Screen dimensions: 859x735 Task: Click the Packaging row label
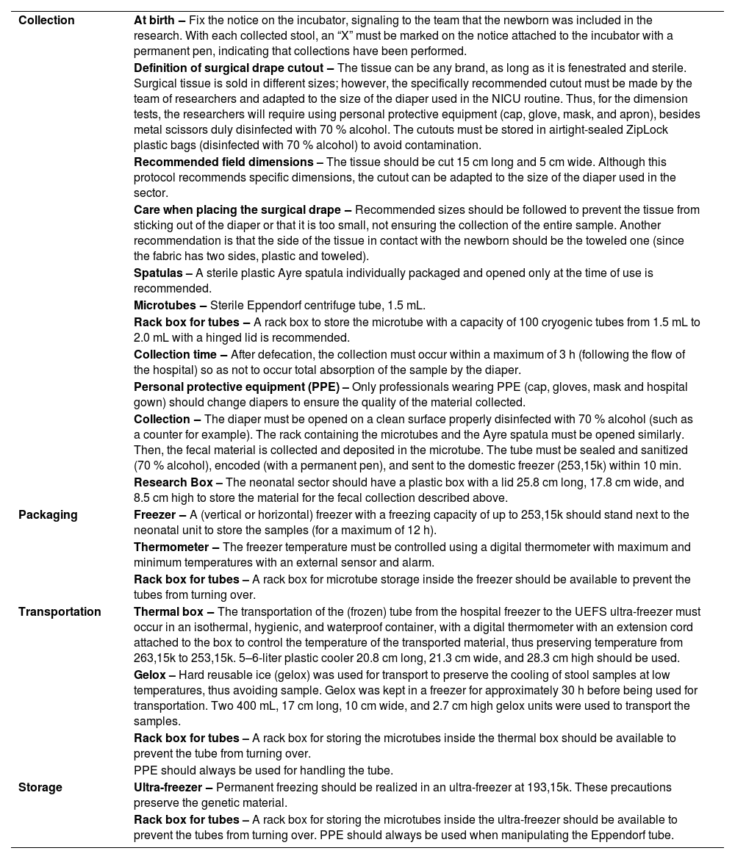point(48,515)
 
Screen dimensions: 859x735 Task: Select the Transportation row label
point(60,612)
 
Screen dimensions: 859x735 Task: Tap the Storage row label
point(40,788)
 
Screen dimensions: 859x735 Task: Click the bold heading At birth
point(155,21)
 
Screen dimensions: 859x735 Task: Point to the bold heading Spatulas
point(158,273)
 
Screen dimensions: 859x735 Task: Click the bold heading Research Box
point(173,483)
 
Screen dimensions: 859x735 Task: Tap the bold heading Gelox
point(150,675)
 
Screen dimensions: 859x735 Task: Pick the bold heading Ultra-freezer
point(168,788)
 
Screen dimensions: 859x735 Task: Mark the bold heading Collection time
point(176,355)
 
